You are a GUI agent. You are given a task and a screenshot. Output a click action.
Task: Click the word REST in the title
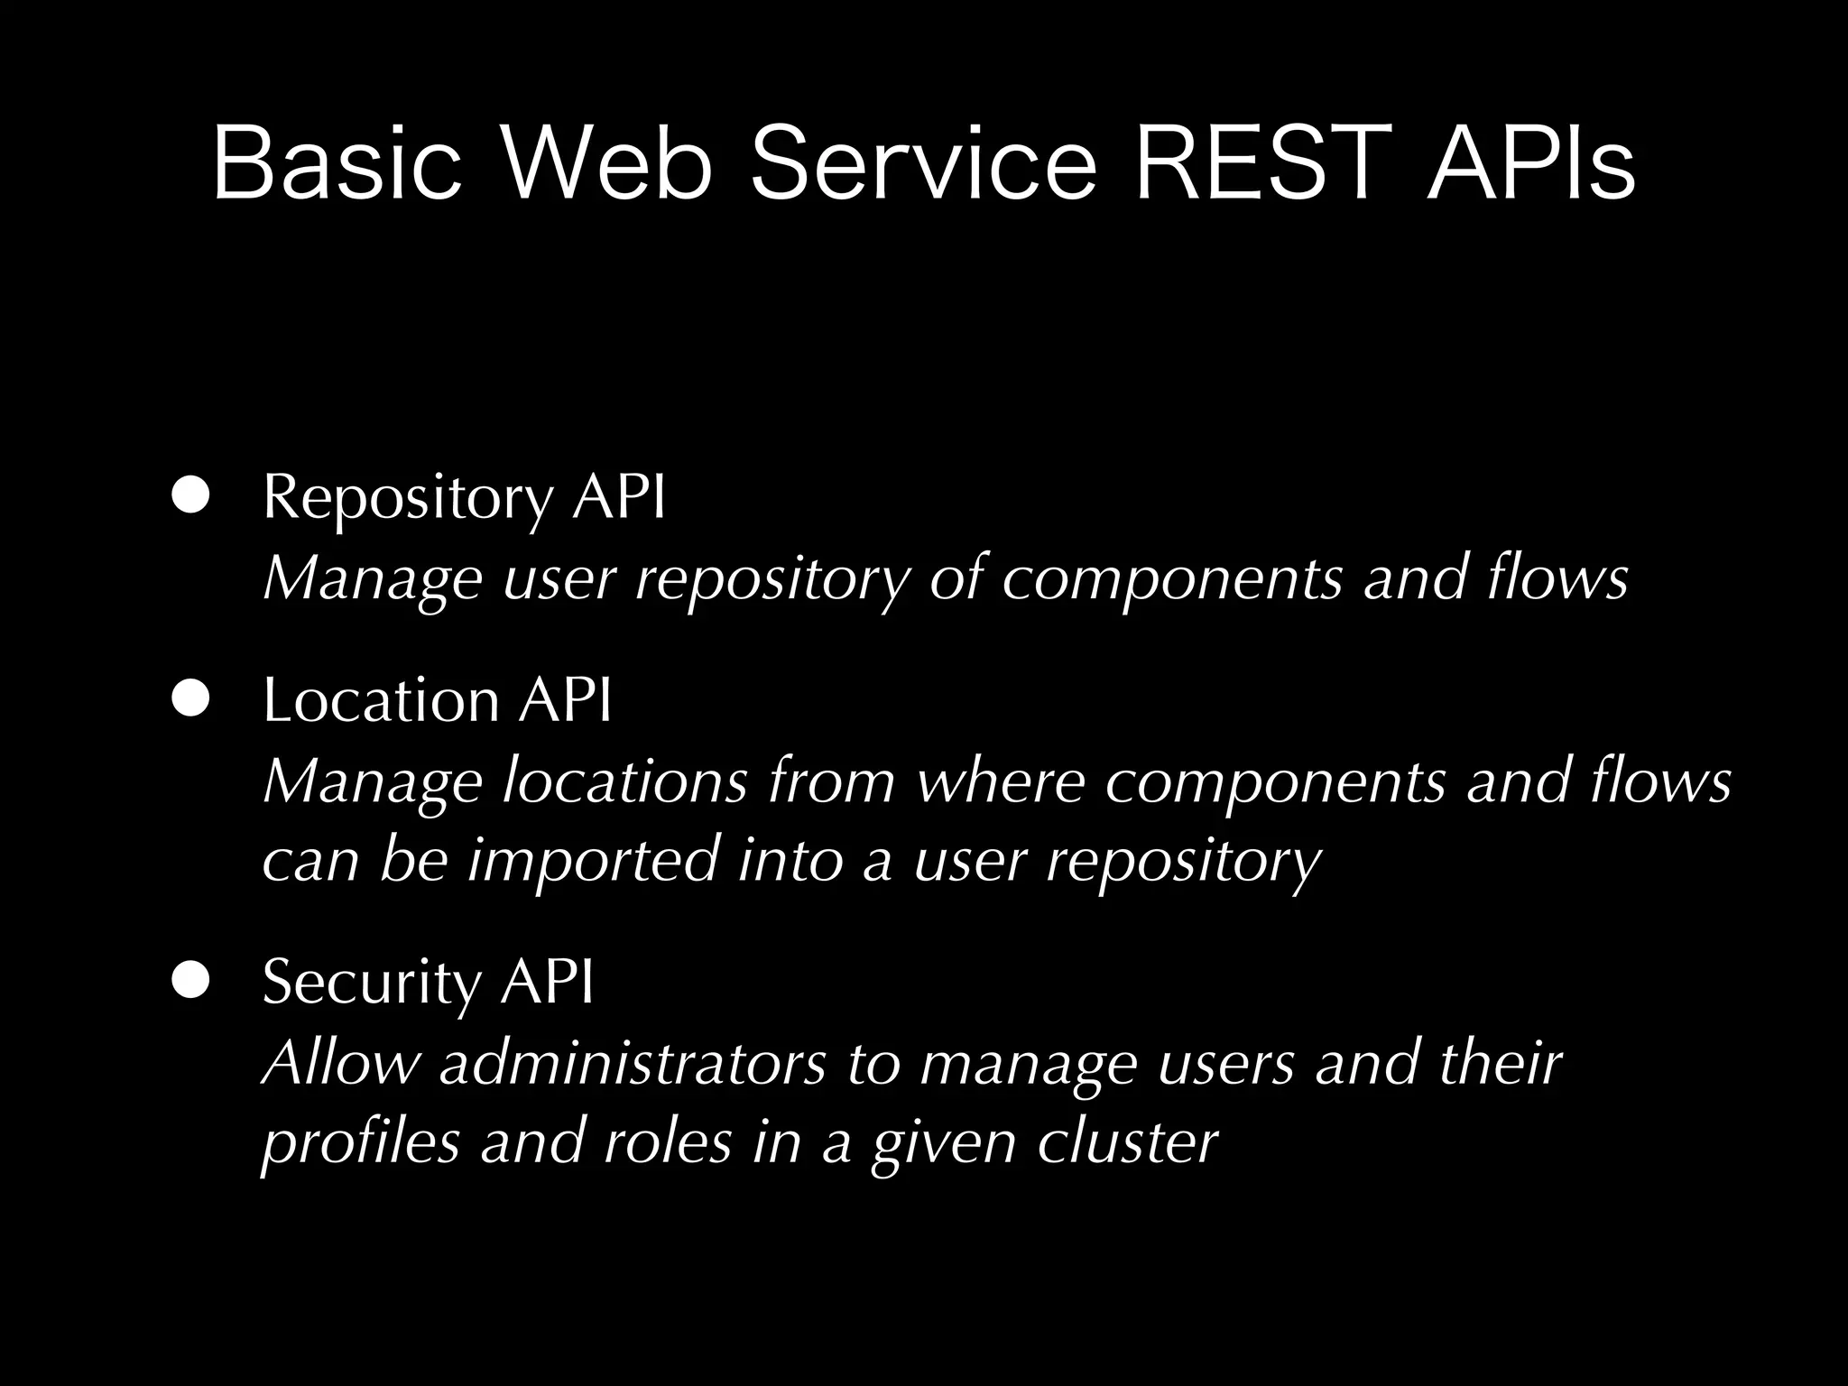[1263, 164]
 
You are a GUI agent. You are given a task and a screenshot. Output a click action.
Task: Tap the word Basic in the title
[337, 164]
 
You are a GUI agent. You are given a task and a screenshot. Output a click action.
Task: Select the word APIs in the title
[1530, 164]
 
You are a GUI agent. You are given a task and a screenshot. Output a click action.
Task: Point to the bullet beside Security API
[190, 980]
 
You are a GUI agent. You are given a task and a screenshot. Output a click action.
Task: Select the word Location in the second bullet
[380, 700]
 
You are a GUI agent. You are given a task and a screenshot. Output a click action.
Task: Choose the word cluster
[1127, 1141]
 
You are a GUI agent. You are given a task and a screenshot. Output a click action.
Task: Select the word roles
[667, 1141]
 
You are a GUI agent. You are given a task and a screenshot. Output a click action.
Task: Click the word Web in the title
[605, 164]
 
